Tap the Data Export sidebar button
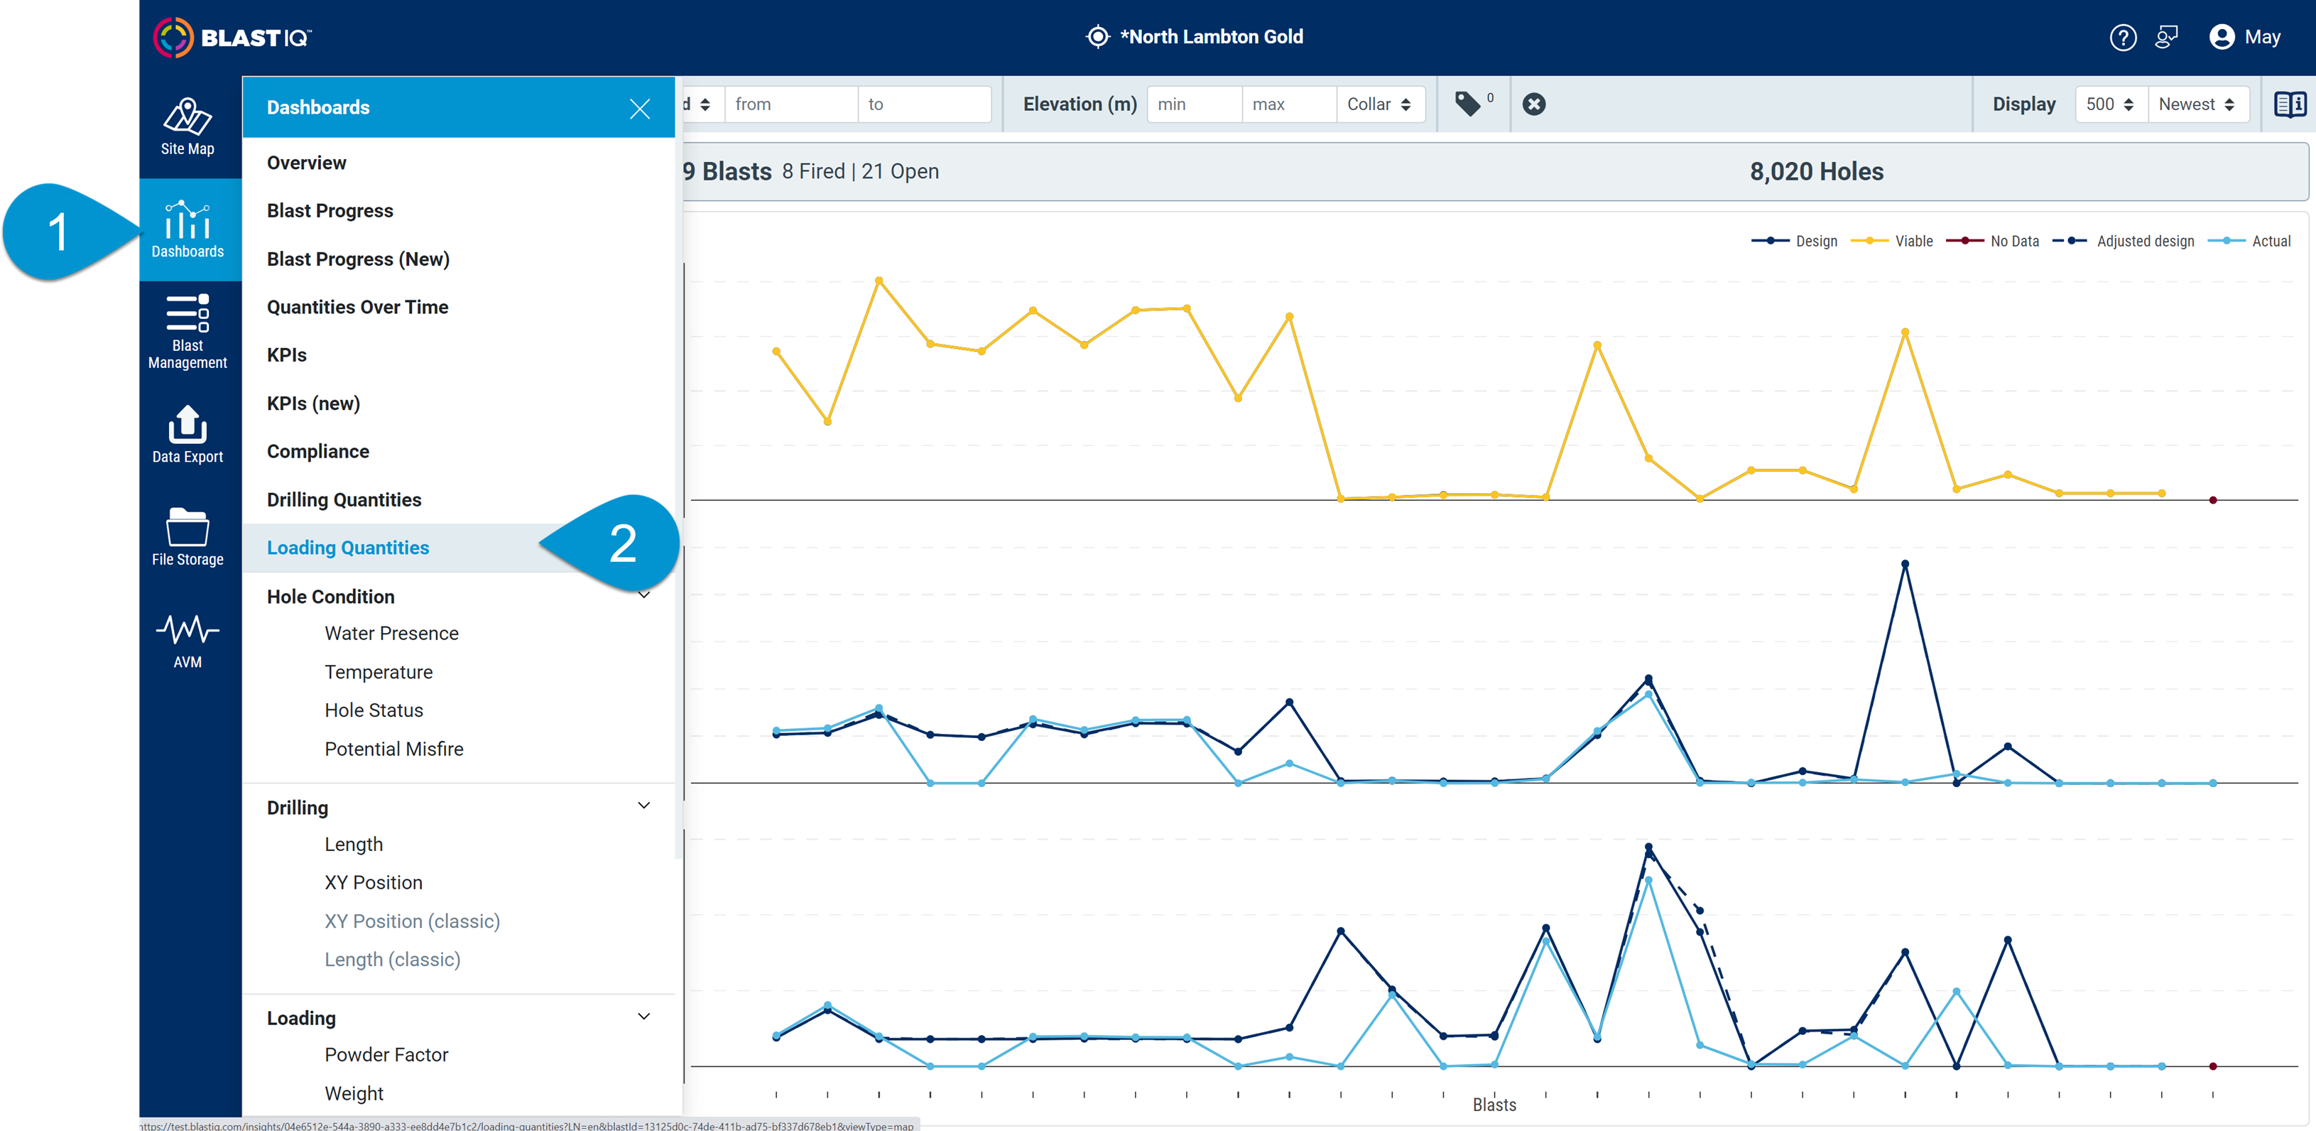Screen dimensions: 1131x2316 tap(187, 434)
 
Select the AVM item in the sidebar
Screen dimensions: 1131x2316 tap(187, 639)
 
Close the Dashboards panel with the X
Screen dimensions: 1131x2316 tap(639, 109)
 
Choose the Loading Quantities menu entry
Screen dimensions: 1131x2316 tap(347, 548)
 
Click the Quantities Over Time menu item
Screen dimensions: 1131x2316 tap(357, 307)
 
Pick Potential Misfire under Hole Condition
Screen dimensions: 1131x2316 tap(393, 748)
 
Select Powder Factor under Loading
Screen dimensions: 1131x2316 tap(386, 1054)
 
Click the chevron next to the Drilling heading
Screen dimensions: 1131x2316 tap(643, 806)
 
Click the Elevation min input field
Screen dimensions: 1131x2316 tap(1192, 104)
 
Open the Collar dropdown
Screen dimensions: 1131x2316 tap(1379, 104)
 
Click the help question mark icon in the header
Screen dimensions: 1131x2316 tap(2122, 37)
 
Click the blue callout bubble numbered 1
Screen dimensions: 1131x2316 tap(58, 232)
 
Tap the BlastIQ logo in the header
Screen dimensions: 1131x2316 tap(232, 37)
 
